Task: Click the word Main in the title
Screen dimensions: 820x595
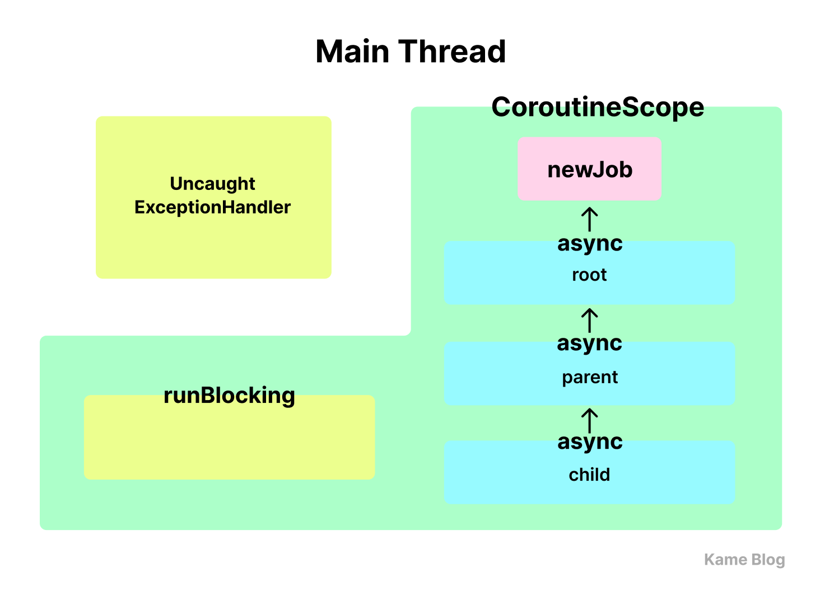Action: click(352, 52)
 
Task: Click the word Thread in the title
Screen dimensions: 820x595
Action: click(452, 52)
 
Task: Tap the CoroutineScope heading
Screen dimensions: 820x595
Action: click(598, 108)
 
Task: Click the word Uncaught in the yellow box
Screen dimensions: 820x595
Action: click(212, 184)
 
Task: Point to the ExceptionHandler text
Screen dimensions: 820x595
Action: click(212, 208)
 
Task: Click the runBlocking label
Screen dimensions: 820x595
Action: click(229, 396)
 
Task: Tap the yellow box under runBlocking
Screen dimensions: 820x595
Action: click(229, 438)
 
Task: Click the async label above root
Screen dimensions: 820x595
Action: click(590, 244)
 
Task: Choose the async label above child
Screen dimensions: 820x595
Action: click(590, 443)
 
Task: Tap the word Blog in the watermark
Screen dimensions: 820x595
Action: click(768, 560)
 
